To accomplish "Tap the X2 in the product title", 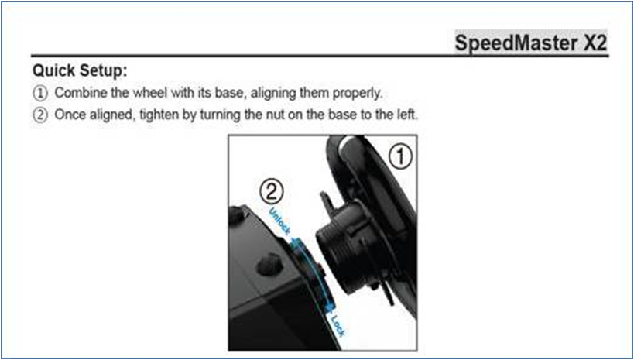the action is coord(595,43).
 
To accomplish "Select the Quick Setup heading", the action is coord(80,71).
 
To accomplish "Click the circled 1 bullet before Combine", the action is coord(40,94).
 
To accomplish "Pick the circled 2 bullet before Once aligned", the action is coord(40,115).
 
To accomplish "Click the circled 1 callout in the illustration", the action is coord(401,156).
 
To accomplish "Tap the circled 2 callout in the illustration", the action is coord(271,193).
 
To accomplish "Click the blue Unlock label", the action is coord(279,221).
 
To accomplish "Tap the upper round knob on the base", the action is coord(237,215).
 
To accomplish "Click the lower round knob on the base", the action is coord(269,265).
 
